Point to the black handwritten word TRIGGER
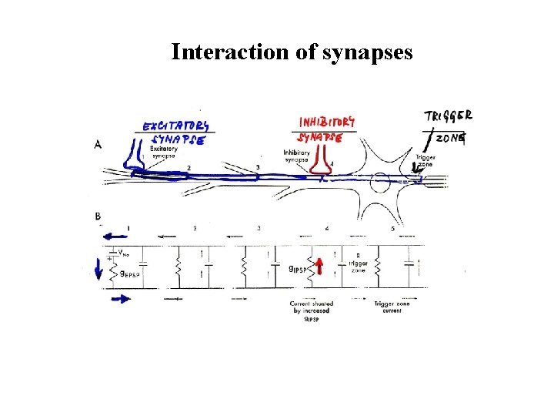(x=449, y=116)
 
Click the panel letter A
(x=98, y=144)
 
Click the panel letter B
(x=98, y=217)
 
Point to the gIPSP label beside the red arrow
(x=299, y=270)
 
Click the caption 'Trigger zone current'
(x=392, y=307)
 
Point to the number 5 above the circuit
(x=392, y=229)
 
